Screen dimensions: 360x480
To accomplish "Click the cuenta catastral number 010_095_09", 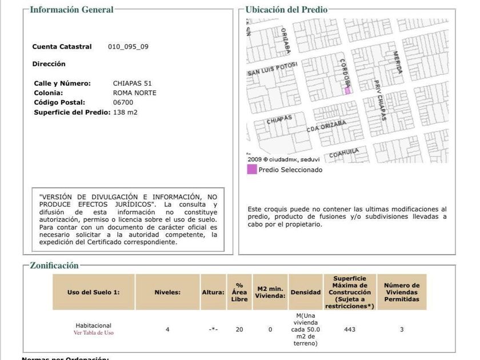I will (x=128, y=47).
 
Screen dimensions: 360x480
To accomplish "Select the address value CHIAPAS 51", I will (x=132, y=83).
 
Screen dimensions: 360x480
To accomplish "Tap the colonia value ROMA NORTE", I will (x=134, y=93).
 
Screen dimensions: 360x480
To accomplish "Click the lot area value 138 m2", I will (x=125, y=112).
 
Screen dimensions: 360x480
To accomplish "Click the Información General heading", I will (x=71, y=9).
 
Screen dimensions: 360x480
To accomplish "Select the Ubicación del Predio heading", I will (x=286, y=9).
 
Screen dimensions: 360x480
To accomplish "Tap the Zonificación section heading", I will (x=54, y=265).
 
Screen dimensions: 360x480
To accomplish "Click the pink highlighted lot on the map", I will (x=347, y=90).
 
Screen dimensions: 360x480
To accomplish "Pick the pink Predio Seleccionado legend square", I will (x=252, y=169).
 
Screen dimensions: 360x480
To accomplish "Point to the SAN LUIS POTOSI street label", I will (x=273, y=69).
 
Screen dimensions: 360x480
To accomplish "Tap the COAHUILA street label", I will (x=344, y=153).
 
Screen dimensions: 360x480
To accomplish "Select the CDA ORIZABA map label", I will (x=326, y=126).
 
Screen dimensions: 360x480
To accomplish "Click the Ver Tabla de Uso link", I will (x=94, y=333).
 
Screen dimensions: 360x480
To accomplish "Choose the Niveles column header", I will (x=167, y=292).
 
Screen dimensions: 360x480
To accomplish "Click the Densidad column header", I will (x=306, y=292).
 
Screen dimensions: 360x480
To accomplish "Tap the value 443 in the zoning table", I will (x=350, y=329).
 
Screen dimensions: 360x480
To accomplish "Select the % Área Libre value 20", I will (x=239, y=329).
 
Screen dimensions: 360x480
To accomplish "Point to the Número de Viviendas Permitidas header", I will (x=402, y=292).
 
